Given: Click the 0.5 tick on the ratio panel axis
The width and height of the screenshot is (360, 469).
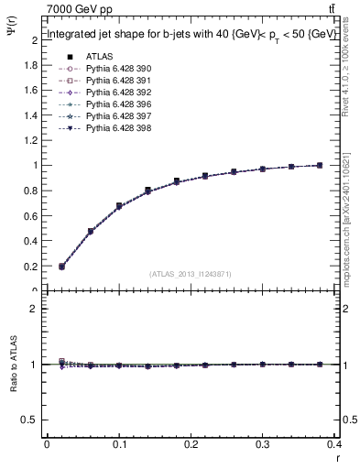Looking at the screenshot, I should pyautogui.click(x=30, y=420).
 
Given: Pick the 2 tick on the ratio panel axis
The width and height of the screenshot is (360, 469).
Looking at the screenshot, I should pyautogui.click(x=34, y=309).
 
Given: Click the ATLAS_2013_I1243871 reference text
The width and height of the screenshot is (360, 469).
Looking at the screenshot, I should pyautogui.click(x=191, y=275).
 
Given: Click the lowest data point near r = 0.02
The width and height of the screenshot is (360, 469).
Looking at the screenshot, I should pyautogui.click(x=61, y=267).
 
